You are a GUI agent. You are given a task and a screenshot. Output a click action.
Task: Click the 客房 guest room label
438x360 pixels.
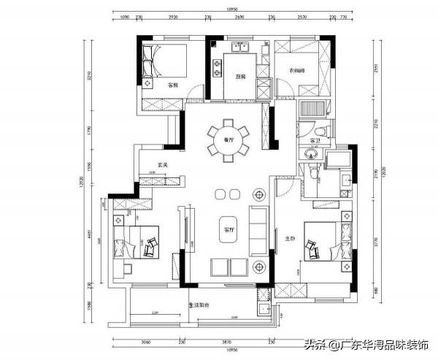coord(173,85)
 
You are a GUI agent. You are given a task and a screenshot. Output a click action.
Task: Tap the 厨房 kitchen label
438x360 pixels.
coord(239,77)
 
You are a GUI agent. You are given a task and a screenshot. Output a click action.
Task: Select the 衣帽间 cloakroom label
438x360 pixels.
coord(296,71)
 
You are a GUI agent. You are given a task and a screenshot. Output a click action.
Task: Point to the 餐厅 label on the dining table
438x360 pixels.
coord(228,139)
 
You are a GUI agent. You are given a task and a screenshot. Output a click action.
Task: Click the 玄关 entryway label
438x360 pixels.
coord(162,165)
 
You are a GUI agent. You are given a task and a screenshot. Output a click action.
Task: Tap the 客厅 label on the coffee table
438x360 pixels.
coord(228,230)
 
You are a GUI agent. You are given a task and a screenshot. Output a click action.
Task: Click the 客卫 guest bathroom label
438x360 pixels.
coord(315,139)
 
